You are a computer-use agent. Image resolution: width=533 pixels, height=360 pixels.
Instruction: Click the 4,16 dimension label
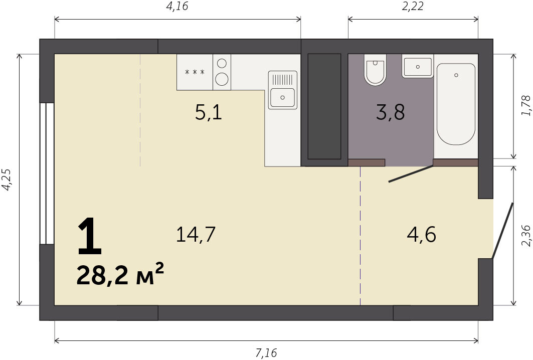(177, 7)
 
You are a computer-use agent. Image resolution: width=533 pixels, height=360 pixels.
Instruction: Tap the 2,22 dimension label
(413, 7)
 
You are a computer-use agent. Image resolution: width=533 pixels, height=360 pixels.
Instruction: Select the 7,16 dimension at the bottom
(266, 353)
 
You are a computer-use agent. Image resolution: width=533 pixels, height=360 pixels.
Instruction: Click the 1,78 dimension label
(525, 106)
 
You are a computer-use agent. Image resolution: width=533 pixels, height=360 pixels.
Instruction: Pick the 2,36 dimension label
(525, 236)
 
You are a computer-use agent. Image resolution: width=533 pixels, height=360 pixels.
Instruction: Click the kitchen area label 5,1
(209, 112)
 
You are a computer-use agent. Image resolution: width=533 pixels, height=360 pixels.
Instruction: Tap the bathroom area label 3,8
(390, 112)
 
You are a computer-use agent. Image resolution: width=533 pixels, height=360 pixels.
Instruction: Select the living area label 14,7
(196, 235)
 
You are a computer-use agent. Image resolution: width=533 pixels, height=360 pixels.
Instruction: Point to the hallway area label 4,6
(421, 235)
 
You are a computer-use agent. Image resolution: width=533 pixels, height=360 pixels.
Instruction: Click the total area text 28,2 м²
(120, 274)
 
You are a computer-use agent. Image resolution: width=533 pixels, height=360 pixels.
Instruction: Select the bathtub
(456, 104)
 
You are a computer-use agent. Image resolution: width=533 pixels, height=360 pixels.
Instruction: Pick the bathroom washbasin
(418, 67)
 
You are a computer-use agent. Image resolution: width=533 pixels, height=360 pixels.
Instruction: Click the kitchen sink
(282, 90)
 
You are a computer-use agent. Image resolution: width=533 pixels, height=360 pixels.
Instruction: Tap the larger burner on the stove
(222, 80)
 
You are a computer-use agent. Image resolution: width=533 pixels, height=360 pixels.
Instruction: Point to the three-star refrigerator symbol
(195, 72)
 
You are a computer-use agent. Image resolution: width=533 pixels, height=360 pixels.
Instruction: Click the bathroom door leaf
(411, 173)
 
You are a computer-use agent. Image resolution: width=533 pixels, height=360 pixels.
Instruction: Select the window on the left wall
(47, 173)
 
